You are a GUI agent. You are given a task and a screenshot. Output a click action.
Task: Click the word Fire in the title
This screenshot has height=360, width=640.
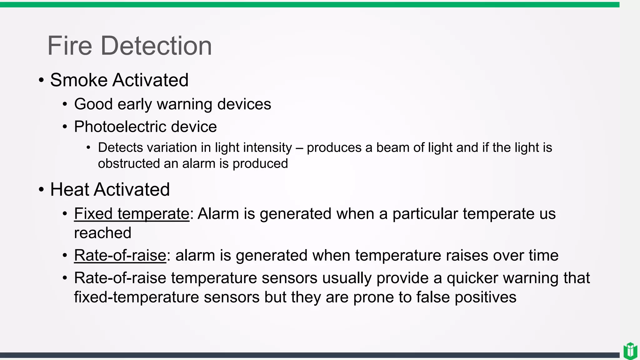(x=70, y=46)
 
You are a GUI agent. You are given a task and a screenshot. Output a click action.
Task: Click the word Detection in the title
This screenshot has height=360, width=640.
(x=156, y=46)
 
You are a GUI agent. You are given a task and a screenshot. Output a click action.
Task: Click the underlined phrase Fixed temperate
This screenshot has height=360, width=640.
(x=132, y=214)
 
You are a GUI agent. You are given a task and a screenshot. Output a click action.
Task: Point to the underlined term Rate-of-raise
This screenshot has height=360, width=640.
(x=120, y=255)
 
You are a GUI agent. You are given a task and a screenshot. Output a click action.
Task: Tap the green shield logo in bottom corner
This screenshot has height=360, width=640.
(x=630, y=351)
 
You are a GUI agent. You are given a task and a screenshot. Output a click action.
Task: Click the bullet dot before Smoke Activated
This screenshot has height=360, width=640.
(x=41, y=80)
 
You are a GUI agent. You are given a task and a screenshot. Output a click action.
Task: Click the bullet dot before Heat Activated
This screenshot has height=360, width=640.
(x=41, y=190)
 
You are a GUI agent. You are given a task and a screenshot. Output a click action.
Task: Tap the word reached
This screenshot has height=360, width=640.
(x=102, y=233)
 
